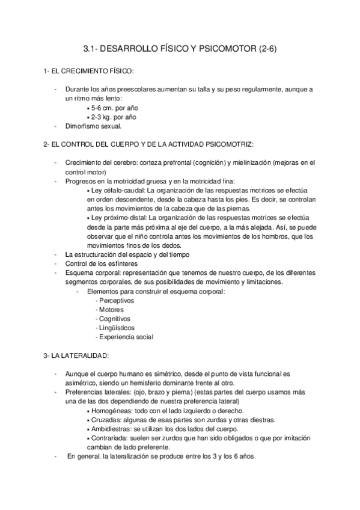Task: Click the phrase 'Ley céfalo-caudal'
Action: pos(117,189)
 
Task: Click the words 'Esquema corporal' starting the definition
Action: pos(90,272)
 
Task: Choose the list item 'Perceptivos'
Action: pos(117,300)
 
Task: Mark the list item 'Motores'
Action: pos(111,310)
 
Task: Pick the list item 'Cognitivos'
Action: pos(115,319)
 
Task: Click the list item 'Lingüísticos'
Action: pos(117,328)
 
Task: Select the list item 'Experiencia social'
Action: pos(126,337)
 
